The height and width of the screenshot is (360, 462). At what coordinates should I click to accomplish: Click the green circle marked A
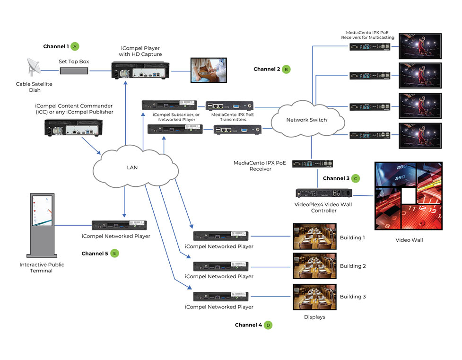[75, 46]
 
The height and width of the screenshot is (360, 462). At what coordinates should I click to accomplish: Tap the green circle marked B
[286, 69]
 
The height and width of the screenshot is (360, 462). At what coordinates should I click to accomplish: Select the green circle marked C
[355, 178]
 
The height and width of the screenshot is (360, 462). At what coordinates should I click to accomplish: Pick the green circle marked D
[268, 325]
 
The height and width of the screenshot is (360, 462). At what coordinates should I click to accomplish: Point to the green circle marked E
[114, 253]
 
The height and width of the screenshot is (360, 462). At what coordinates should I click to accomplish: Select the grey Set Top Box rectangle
[74, 70]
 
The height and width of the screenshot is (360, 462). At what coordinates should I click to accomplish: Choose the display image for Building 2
[314, 265]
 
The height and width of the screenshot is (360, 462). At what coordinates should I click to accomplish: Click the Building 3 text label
[353, 297]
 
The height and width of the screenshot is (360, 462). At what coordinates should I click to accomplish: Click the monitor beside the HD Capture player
[209, 70]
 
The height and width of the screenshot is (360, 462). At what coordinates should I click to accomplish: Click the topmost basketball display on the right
[420, 45]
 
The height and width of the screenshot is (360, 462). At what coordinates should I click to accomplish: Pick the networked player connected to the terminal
[119, 225]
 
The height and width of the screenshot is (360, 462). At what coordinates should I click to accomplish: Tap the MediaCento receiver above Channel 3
[312, 164]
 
